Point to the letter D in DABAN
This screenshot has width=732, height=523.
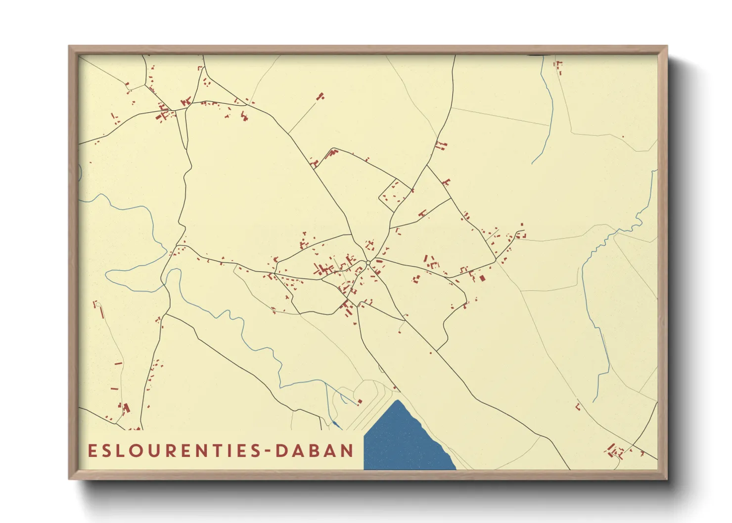click(x=281, y=451)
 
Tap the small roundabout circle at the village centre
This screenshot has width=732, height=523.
click(x=368, y=263)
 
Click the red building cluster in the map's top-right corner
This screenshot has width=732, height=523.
click(x=559, y=67)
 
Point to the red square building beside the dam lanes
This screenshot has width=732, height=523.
click(x=360, y=401)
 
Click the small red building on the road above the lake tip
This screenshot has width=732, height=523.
click(x=394, y=388)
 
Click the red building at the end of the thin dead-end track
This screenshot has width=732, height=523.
click(x=320, y=96)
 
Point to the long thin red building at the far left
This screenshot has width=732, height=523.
click(x=102, y=313)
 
